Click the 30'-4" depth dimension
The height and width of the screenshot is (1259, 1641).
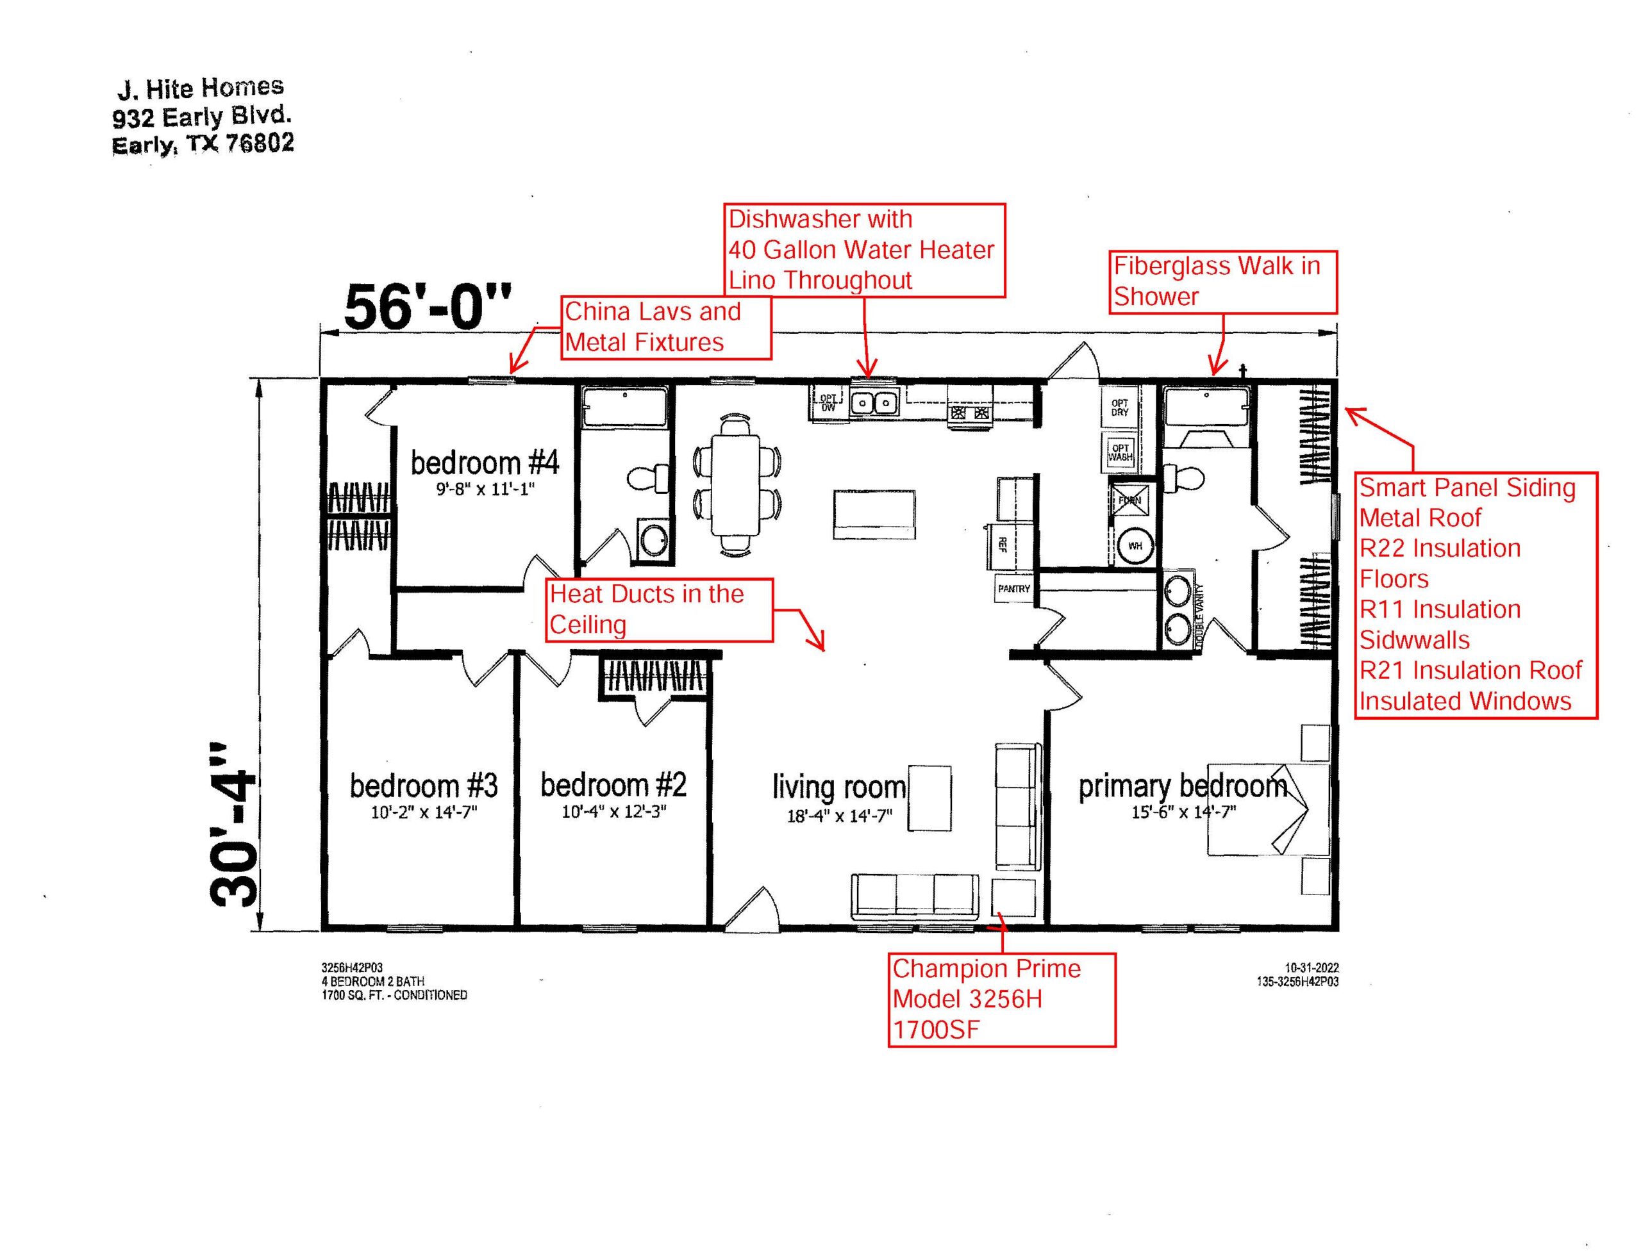coord(233,825)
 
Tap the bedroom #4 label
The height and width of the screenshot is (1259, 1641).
coord(484,463)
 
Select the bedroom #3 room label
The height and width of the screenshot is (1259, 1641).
coord(423,786)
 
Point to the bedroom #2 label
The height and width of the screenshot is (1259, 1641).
coord(613,785)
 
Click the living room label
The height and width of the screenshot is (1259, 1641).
coord(839,787)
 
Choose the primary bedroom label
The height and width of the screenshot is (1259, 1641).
coord(1182,786)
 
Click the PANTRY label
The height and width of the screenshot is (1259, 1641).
coord(1013,588)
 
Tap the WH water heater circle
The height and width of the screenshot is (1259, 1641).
coord(1134,546)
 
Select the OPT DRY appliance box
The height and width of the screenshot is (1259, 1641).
coord(1119,407)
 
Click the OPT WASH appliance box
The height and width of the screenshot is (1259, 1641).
coord(1119,452)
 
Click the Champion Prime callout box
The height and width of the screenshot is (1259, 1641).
coord(1001,1000)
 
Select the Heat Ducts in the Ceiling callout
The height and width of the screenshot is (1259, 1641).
coord(660,609)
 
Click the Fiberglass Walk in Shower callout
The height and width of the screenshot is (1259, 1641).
coord(1222,282)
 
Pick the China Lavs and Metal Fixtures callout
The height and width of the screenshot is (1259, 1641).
coord(666,327)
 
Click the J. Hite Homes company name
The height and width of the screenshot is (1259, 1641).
coord(201,88)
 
